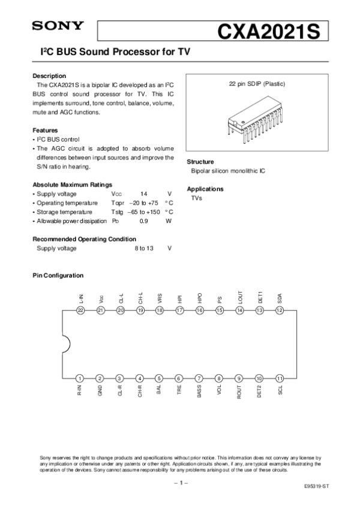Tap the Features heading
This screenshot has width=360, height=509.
pos(45,130)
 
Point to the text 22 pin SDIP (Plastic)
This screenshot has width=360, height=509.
pos(257,84)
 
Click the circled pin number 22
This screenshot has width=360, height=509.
pos(80,310)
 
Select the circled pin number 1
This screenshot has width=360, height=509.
pos(80,378)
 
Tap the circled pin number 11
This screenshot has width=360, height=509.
pos(279,378)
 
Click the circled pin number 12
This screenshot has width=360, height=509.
pos(279,310)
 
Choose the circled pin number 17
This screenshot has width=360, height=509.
pos(179,310)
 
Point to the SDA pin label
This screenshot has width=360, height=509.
pos(279,297)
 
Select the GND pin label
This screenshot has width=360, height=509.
pos(100,391)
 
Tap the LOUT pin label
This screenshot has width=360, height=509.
pos(239,296)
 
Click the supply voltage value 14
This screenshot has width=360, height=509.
pos(143,194)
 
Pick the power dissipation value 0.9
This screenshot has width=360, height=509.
pos(143,221)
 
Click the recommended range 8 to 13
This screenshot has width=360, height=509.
pos(143,248)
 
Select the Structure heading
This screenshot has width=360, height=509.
pos(200,162)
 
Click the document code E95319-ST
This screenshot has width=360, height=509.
pos(317,487)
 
